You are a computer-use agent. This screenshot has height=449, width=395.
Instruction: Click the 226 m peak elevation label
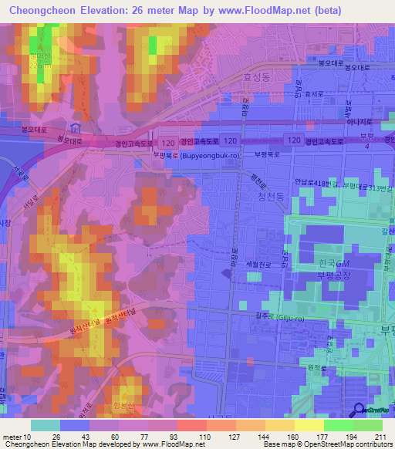point(39,66)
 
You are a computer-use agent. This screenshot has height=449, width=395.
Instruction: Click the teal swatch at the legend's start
point(46,425)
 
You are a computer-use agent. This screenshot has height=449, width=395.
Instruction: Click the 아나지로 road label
point(360,122)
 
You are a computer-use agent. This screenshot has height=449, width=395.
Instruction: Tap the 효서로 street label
point(313,94)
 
